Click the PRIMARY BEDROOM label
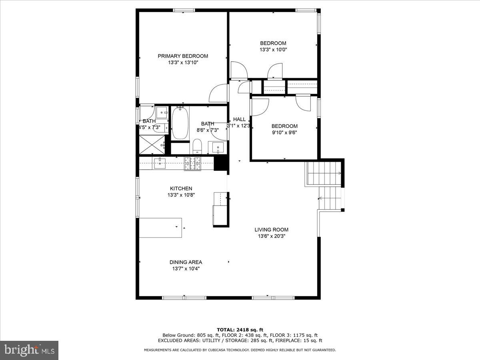click(x=183, y=56)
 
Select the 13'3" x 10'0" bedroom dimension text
click(x=273, y=50)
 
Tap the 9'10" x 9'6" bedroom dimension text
click(x=284, y=133)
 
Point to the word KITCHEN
click(x=181, y=188)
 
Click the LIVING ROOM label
click(x=271, y=230)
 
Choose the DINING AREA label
click(x=186, y=262)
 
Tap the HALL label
click(x=239, y=119)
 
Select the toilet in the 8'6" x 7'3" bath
click(x=197, y=146)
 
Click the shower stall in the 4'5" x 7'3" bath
click(x=152, y=145)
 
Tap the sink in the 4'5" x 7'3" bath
click(x=162, y=112)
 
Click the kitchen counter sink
click(x=160, y=163)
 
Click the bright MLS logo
click(x=29, y=350)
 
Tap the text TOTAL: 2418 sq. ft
click(x=240, y=330)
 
